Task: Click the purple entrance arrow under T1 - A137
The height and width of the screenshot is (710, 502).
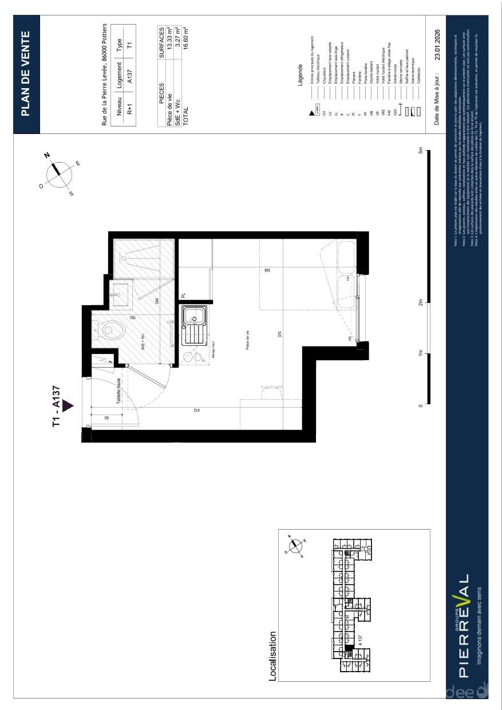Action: pyautogui.click(x=68, y=406)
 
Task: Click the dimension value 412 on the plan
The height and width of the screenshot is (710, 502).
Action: pyautogui.click(x=196, y=410)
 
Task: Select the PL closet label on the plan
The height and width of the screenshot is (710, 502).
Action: pyautogui.click(x=184, y=295)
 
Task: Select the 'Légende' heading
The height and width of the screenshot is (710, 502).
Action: pyautogui.click(x=300, y=75)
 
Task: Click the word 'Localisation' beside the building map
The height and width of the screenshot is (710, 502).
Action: pyautogui.click(x=273, y=656)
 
